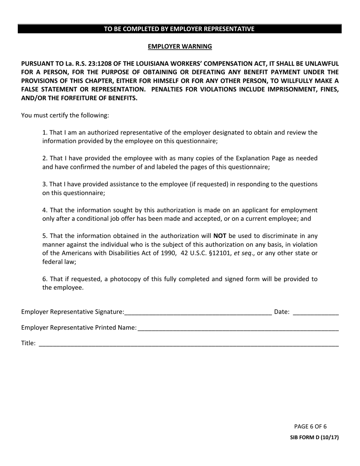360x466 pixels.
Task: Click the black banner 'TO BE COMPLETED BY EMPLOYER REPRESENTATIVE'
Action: (180, 29)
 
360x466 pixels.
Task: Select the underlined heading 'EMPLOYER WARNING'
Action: (180, 47)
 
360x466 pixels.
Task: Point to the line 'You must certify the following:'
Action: (65, 115)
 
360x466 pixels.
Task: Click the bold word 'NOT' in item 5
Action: (220, 236)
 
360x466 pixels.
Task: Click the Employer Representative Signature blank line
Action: (198, 313)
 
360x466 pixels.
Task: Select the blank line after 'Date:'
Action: (316, 313)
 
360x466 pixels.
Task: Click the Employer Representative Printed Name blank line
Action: (238, 328)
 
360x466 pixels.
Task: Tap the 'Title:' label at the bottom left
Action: (28, 343)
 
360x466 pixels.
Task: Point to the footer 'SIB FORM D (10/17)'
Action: (314, 437)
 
